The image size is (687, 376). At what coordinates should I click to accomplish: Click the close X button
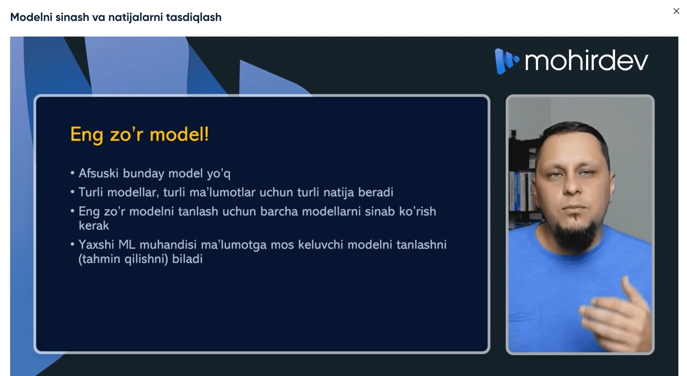[676, 11]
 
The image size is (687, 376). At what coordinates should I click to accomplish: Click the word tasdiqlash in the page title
[194, 17]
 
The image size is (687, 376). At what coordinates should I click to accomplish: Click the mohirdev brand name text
[586, 61]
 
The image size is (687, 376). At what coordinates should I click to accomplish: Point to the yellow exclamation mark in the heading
[206, 134]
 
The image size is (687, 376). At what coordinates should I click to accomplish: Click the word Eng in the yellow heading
[86, 135]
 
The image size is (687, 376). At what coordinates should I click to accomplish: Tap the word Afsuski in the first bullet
[98, 173]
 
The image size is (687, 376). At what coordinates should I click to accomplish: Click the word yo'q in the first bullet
[219, 174]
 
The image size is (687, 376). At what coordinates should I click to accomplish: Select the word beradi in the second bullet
[375, 192]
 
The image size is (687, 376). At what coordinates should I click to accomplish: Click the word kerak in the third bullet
[94, 226]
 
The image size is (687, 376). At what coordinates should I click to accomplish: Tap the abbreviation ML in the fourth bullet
[127, 244]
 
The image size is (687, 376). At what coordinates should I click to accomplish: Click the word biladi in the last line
[187, 259]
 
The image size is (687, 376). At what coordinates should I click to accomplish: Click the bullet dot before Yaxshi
[72, 244]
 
